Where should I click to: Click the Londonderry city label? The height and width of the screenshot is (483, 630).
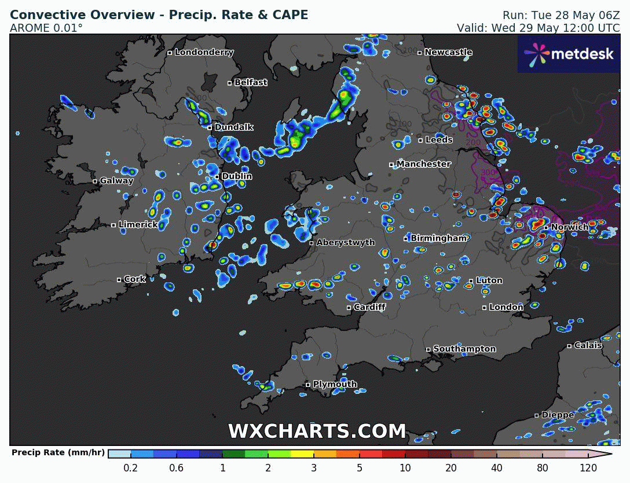click(x=204, y=53)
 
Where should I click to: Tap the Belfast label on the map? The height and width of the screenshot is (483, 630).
click(x=251, y=83)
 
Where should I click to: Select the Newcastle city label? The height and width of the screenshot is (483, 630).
click(x=448, y=53)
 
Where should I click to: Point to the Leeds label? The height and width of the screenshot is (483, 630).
click(x=439, y=140)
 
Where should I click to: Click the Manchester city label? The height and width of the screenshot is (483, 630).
click(x=423, y=164)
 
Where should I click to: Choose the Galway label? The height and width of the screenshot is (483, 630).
click(x=116, y=181)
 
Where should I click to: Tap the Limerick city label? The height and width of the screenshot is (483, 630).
click(x=138, y=224)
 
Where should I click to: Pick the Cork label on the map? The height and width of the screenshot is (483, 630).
click(x=135, y=279)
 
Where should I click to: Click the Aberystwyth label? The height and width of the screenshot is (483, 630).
click(x=346, y=243)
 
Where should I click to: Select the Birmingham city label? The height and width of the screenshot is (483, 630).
click(x=438, y=238)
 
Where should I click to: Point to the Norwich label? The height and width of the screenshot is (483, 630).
click(x=570, y=227)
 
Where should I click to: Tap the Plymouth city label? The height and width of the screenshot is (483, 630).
click(x=335, y=385)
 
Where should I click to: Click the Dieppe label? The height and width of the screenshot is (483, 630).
click(x=558, y=415)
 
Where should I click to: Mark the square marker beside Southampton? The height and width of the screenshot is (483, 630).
click(x=428, y=349)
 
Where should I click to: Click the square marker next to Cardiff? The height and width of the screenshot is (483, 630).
click(x=349, y=308)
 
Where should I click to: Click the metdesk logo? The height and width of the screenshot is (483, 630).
click(x=568, y=54)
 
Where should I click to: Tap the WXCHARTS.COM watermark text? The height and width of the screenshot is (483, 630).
click(x=317, y=432)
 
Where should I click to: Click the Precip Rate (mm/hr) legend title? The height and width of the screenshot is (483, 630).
click(x=58, y=453)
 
